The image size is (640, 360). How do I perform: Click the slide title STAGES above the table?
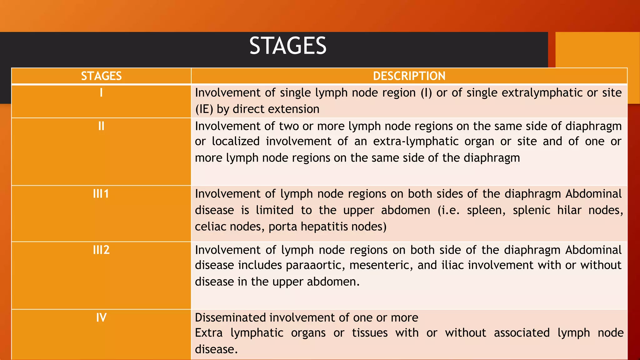288,46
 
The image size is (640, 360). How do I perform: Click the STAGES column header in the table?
101,76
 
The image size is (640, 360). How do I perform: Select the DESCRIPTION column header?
409,76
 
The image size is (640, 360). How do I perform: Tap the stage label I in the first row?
101,93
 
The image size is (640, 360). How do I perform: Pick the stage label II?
101,126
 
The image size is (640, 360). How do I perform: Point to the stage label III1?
101,194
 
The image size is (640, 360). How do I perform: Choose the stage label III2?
101,250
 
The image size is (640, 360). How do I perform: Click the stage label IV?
101,318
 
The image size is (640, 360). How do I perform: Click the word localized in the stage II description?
236,142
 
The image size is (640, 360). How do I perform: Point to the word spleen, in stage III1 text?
486,210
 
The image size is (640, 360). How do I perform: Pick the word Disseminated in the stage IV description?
230,318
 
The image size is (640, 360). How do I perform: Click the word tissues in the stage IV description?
370,333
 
